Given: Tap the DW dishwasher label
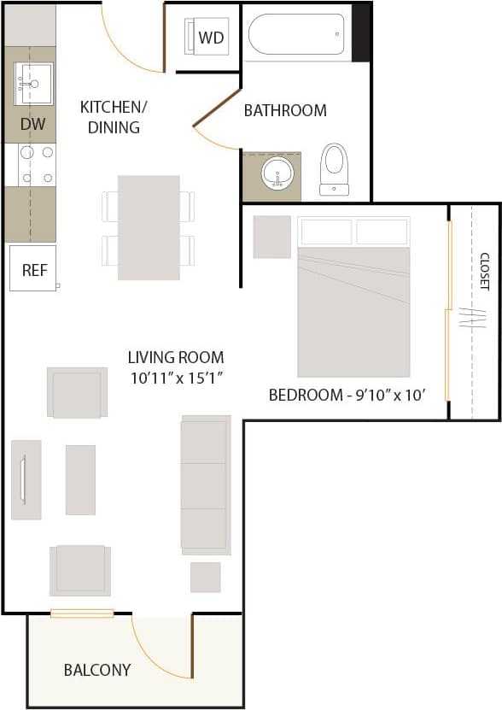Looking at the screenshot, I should tap(32, 125).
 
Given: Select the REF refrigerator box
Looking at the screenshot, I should tap(33, 269).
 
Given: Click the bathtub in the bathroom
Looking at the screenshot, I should tap(296, 35).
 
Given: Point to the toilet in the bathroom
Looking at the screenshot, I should tap(334, 168).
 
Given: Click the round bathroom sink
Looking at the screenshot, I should tap(277, 175).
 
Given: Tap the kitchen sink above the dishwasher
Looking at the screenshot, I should tap(33, 84).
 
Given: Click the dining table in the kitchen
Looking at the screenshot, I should tap(149, 227).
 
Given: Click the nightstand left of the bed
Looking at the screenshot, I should tap(271, 237).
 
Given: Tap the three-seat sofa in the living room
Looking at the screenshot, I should tap(206, 483).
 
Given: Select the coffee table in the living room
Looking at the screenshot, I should tap(80, 479).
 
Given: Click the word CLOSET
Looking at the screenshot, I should tap(484, 271).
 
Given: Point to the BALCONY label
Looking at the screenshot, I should tap(97, 670).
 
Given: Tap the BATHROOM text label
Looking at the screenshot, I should tap(285, 110).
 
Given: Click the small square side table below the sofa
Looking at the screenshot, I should tap(205, 577).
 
